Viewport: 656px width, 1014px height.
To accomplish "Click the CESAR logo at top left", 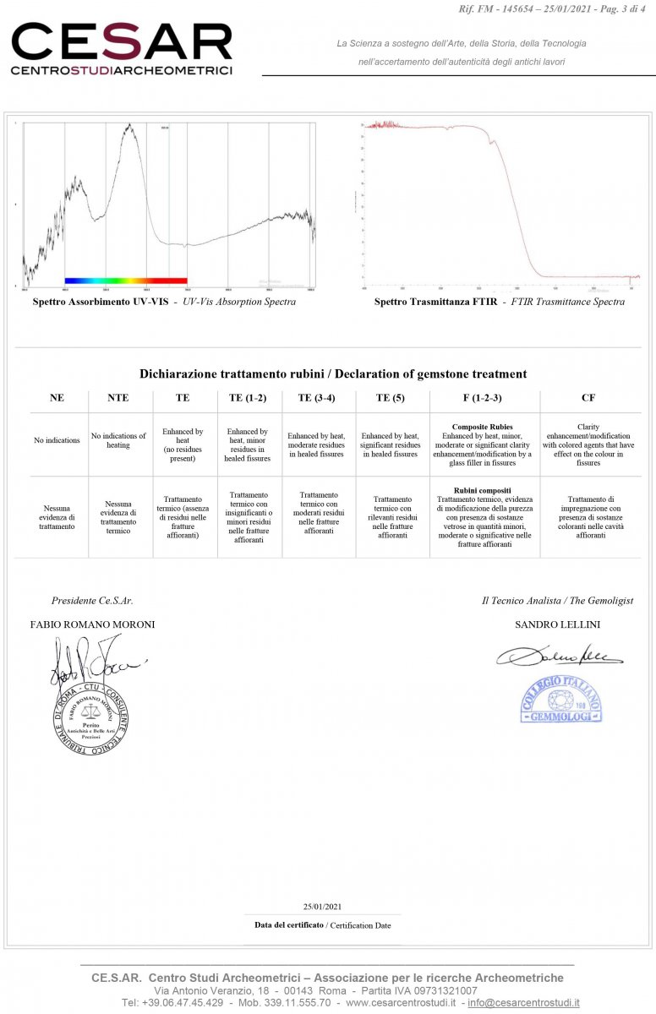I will point(121,49).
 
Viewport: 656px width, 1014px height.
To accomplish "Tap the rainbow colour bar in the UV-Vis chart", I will point(125,281).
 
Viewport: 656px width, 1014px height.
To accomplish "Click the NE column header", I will point(57,397).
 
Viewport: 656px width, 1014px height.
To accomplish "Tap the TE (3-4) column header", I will point(318,397).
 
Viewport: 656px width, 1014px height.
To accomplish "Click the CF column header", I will point(588,397).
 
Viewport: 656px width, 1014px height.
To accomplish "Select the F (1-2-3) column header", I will point(483,397).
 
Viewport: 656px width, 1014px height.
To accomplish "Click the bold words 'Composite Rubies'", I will point(483,427).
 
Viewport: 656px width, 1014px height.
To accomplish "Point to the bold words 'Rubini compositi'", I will point(483,490).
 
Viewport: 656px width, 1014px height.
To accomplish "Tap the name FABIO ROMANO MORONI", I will point(92,624).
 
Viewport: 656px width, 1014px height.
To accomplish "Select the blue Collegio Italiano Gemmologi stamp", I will point(560,700).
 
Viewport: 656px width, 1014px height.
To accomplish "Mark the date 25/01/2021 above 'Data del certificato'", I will point(322,907).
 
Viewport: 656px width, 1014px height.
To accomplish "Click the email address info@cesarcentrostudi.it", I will point(523,1002).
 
